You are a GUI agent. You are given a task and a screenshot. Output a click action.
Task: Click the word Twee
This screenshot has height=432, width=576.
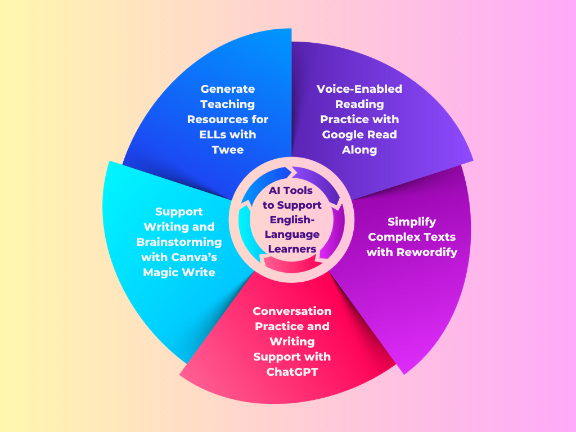click(x=227, y=150)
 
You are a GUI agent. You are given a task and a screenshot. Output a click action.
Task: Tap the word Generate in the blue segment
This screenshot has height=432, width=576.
click(x=227, y=89)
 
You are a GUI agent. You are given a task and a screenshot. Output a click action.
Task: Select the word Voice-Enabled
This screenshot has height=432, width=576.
click(x=359, y=89)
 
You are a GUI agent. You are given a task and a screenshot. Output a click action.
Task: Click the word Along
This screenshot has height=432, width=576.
click(x=359, y=150)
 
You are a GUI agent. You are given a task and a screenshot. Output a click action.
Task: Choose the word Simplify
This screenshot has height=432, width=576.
click(x=412, y=222)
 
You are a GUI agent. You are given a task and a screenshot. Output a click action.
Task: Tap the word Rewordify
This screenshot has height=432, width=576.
click(x=426, y=252)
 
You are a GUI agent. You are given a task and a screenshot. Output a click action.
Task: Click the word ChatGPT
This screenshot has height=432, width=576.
click(x=292, y=372)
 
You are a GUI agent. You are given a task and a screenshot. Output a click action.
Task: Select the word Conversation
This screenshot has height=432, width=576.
click(x=292, y=311)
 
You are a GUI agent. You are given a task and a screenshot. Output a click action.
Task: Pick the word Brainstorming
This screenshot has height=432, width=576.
click(x=179, y=242)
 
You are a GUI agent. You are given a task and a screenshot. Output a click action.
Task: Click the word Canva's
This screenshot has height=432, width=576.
click(x=196, y=257)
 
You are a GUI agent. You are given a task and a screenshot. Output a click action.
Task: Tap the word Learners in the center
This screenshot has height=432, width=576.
click(x=292, y=249)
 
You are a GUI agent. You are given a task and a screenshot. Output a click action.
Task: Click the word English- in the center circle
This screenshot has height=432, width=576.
click(x=292, y=219)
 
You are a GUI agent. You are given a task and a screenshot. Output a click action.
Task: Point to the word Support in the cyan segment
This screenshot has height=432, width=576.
click(x=179, y=211)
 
